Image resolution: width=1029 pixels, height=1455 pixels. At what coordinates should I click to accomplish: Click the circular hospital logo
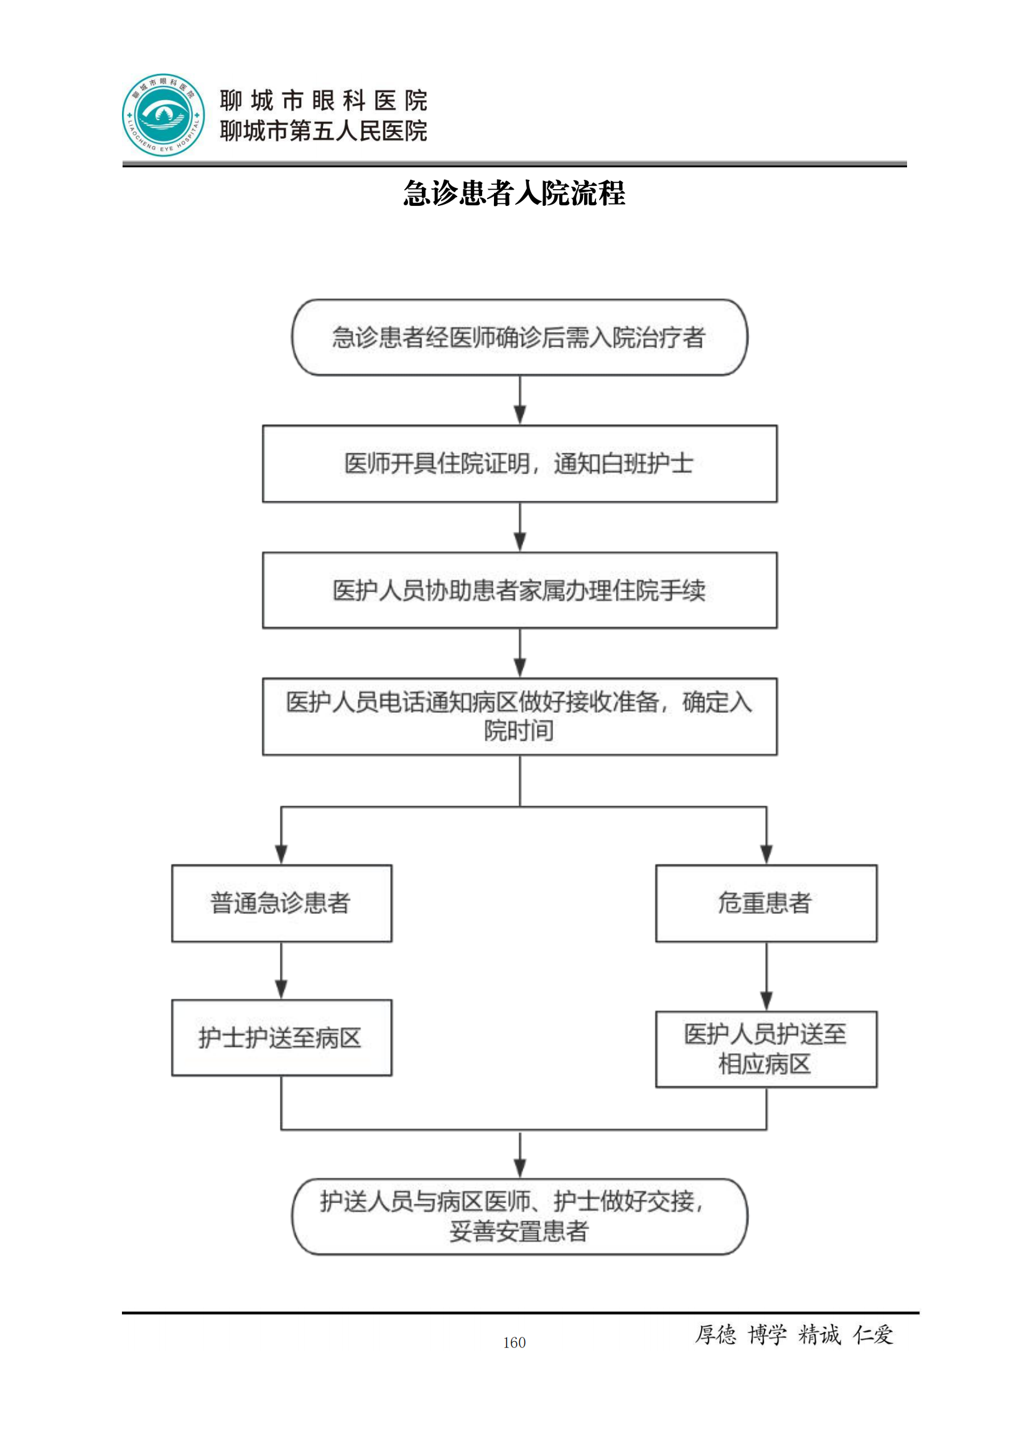click(164, 114)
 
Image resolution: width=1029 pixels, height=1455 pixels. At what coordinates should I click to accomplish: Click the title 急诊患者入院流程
click(514, 193)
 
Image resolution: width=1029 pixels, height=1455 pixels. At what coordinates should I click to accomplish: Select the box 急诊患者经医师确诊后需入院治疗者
click(519, 337)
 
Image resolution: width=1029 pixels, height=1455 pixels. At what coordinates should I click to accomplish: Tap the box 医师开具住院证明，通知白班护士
click(519, 463)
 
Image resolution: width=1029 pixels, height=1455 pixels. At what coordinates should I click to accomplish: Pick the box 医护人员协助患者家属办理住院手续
click(519, 590)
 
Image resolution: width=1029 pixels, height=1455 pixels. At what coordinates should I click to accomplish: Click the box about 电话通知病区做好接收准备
click(519, 716)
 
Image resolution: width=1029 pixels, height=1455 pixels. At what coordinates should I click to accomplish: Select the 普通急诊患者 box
click(281, 903)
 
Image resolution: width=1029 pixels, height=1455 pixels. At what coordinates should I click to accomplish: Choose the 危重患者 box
click(766, 903)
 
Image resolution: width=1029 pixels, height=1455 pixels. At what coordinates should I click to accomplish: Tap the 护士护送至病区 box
click(281, 1038)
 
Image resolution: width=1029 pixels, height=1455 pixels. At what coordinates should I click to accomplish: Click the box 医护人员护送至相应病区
click(766, 1049)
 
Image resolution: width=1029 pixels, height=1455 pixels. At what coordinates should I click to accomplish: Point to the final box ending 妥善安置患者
click(519, 1216)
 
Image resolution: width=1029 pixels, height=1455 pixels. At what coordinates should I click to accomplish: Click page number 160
click(514, 1342)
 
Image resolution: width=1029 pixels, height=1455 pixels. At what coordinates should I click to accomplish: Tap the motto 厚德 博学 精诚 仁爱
click(794, 1334)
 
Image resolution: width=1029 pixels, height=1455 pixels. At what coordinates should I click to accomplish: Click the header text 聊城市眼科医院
click(323, 100)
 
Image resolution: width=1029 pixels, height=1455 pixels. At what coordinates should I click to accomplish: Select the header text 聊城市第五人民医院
click(323, 131)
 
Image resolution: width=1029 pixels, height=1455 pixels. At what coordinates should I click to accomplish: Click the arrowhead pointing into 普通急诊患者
click(281, 854)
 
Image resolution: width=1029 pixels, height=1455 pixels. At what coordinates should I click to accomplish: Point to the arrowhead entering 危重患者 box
click(766, 854)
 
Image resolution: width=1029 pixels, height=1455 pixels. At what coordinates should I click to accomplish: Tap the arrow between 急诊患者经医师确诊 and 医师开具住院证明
click(519, 401)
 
